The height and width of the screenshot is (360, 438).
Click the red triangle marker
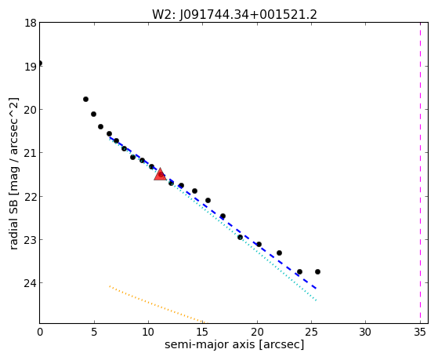161,175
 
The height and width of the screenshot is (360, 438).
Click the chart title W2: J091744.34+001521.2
234,15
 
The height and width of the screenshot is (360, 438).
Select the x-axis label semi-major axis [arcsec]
234,344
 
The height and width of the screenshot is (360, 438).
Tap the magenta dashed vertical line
420,173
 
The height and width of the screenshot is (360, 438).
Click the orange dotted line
157,304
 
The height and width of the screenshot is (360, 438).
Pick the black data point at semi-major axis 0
40,63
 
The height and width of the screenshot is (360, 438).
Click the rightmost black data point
317,271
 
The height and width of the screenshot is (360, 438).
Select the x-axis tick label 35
420,332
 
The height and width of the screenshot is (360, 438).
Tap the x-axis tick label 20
257,332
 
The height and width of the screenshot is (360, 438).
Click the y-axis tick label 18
31,23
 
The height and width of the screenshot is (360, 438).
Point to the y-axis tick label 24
31,283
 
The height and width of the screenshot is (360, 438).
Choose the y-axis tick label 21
31,153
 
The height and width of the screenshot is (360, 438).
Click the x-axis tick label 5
94,332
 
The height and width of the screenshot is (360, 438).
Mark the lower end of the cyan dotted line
317,300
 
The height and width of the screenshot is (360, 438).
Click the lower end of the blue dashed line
317,288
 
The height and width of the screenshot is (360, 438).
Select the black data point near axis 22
279,253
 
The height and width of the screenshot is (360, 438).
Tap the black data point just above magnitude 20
85,99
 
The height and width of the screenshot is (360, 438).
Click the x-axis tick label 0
40,332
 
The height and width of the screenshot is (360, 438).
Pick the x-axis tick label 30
366,332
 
